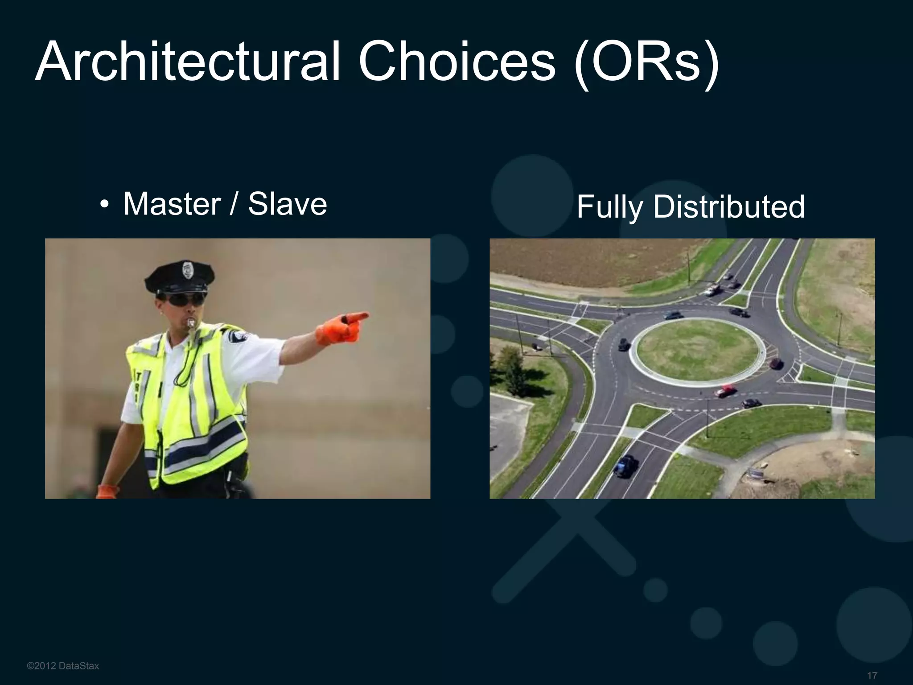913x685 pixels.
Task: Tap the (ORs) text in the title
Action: pos(646,62)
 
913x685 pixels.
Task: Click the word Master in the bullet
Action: pos(172,204)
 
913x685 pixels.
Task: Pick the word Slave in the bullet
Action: pos(288,204)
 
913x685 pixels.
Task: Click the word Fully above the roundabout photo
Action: pos(609,207)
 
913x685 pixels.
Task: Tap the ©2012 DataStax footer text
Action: pos(63,666)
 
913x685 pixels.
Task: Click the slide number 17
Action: pos(872,676)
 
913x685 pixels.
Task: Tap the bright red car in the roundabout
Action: pos(724,391)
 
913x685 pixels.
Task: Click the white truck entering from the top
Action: pos(712,290)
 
